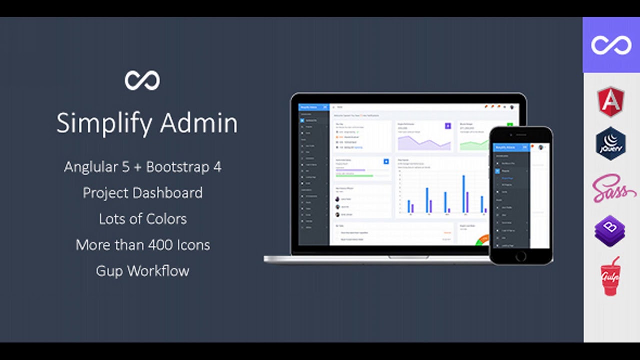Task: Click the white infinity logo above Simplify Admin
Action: (142, 80)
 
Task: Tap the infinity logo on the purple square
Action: (611, 45)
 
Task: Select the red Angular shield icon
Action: (611, 101)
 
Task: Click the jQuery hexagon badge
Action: (611, 143)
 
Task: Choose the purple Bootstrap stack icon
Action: (610, 231)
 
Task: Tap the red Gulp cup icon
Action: (610, 276)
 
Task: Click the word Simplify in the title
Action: (99, 123)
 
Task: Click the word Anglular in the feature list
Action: (89, 167)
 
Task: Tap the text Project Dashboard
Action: (143, 193)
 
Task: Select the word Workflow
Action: (158, 271)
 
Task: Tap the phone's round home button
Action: (521, 256)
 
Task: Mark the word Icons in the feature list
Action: (192, 245)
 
